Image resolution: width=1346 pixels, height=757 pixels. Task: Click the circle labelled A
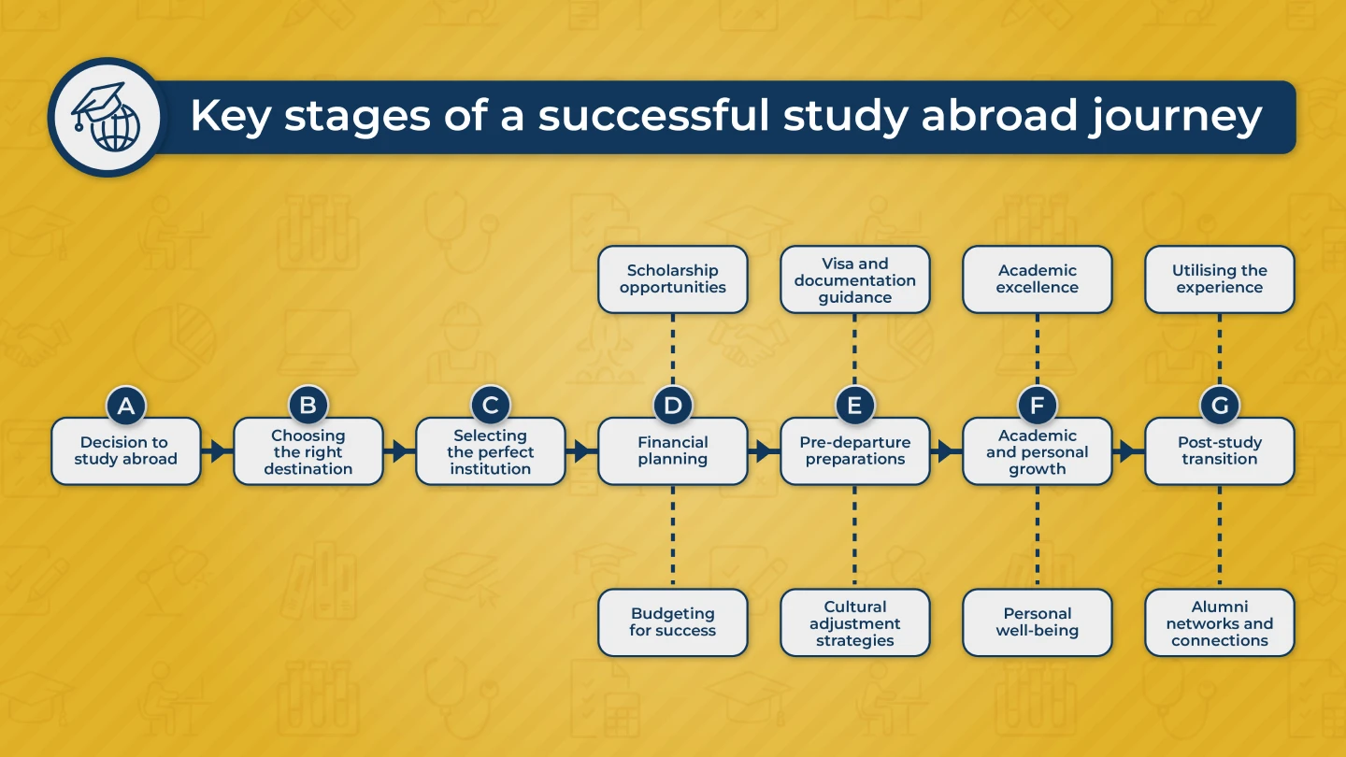[x=126, y=405]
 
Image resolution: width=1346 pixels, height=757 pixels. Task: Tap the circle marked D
[x=673, y=405]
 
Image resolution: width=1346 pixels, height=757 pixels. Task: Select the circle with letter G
[x=1220, y=405]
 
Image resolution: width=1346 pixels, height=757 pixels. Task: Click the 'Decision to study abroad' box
[x=126, y=451]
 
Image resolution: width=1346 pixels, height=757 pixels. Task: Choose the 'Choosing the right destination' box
[x=308, y=451]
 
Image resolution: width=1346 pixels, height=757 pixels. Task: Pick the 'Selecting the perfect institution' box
[x=491, y=451]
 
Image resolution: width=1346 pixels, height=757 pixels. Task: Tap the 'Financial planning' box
[x=673, y=451]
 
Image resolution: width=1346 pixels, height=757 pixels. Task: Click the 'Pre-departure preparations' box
[x=855, y=451]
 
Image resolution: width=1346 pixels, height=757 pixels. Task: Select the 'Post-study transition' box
[x=1220, y=451]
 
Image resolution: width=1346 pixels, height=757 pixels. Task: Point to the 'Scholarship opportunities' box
[x=673, y=279]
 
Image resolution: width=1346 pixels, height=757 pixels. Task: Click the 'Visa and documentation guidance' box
[x=855, y=279]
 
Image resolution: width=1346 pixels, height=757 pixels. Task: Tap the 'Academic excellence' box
[x=1038, y=279]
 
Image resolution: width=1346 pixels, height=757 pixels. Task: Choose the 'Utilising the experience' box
[x=1220, y=279]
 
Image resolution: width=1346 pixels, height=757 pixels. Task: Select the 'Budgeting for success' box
[x=673, y=622]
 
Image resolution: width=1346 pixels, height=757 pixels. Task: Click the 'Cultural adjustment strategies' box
[x=855, y=622]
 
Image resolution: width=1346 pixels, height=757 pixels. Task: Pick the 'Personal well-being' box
[x=1038, y=622]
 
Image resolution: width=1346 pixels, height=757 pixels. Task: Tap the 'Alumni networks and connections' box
[x=1220, y=622]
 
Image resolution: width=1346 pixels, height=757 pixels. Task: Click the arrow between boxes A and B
[x=217, y=451]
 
